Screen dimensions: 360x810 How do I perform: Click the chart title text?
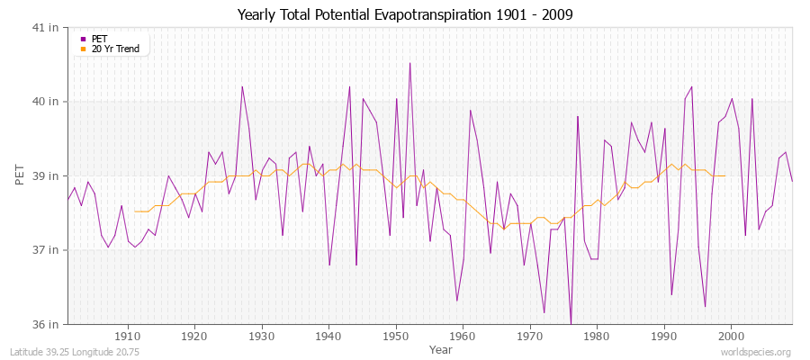tap(404, 14)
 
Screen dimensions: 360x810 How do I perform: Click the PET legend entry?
tap(99, 39)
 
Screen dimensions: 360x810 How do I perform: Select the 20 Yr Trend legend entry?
tap(115, 49)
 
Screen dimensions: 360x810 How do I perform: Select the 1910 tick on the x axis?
tap(127, 337)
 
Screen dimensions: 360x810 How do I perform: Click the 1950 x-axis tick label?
tap(395, 337)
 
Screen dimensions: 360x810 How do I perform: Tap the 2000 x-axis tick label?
tap(731, 337)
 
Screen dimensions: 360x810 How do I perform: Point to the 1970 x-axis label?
tap(529, 337)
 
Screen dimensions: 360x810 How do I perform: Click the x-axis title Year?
tap(428, 348)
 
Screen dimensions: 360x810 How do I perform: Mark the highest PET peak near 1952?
tap(409, 63)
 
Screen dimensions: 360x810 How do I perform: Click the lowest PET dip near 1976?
tap(571, 324)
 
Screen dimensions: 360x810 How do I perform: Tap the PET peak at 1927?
tap(242, 86)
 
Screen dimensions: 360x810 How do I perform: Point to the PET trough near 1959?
tap(456, 301)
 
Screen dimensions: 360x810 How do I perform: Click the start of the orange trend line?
tap(135, 211)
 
